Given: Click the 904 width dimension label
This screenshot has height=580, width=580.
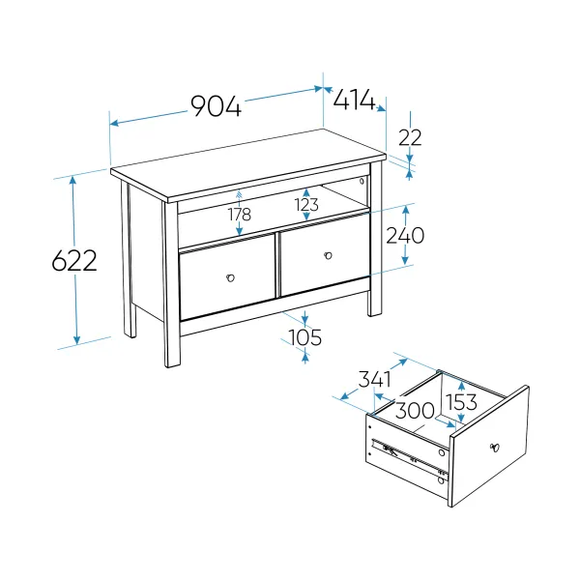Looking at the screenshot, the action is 216,106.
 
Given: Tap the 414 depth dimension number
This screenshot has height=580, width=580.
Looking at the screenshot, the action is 354,100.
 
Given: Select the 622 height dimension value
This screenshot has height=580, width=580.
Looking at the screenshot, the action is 74,260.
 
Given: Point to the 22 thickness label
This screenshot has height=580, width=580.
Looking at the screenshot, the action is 410,138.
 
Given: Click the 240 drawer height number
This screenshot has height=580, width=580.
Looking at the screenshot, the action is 405,236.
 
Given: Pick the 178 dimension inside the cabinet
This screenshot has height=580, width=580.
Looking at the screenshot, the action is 240,215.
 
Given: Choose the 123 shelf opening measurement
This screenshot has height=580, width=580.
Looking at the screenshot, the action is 306,205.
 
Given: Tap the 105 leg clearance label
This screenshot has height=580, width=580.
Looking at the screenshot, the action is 304,337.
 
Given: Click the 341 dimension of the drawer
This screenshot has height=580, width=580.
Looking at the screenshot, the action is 375,379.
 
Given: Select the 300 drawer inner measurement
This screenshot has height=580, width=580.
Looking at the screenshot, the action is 415,410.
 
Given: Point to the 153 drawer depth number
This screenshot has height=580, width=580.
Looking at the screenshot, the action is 461,402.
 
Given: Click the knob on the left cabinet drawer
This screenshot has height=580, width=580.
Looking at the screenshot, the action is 230,277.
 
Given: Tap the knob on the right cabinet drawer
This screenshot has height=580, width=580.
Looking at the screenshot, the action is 328,255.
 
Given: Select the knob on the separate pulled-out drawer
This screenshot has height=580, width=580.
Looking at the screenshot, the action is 495,448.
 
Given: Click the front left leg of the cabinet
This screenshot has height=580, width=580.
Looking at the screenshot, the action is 172,285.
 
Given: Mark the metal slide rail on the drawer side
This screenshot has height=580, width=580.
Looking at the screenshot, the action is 410,457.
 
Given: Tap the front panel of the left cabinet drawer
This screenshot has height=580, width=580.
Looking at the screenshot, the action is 227,279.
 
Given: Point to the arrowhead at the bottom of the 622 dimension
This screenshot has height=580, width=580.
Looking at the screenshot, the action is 76,339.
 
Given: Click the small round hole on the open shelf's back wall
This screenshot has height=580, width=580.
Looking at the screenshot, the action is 362,182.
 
